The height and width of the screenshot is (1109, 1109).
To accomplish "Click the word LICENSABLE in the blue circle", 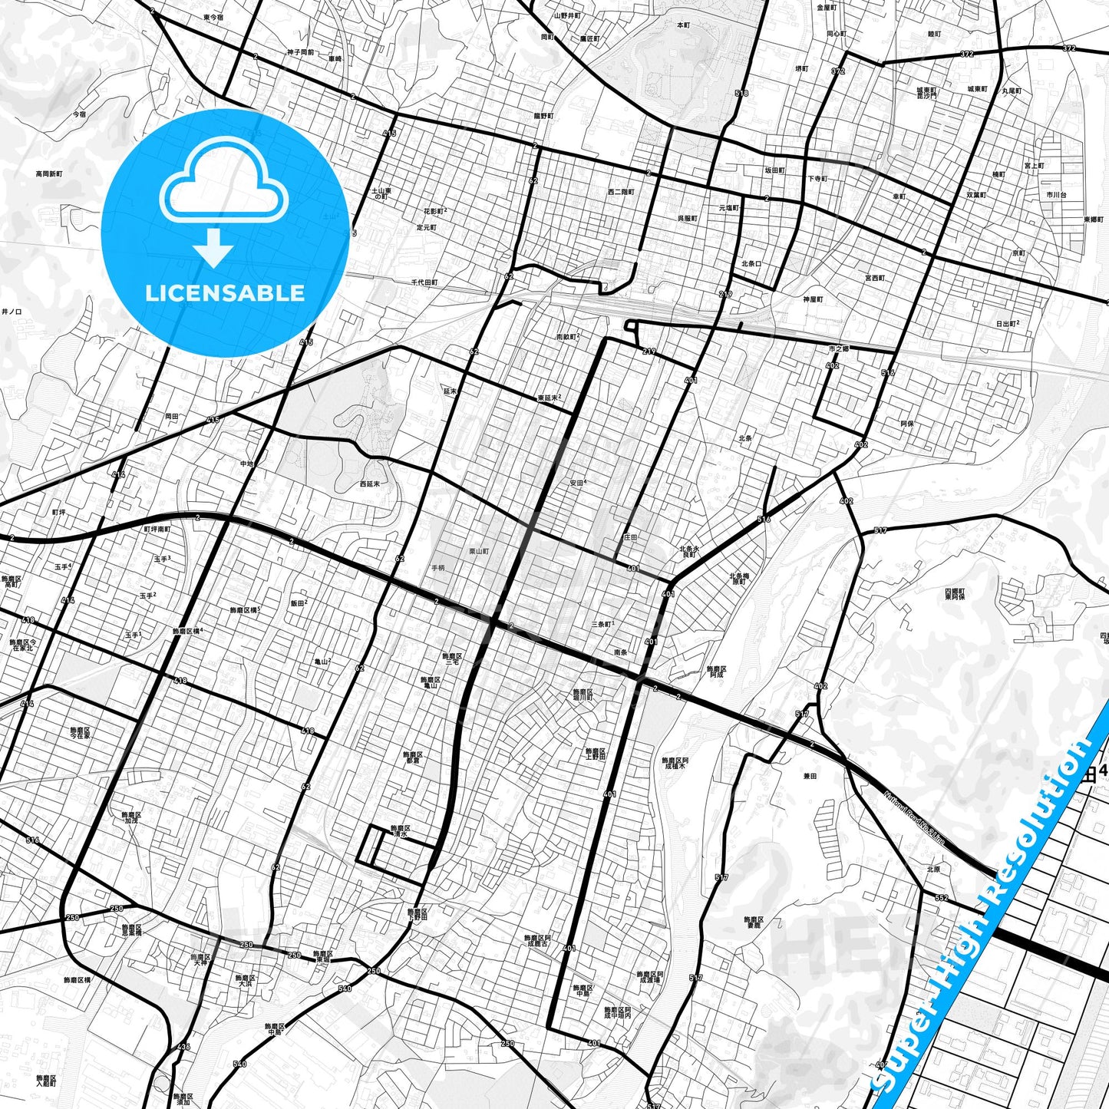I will pyautogui.click(x=224, y=292).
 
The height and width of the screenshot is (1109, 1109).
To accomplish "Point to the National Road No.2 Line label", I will pyautogui.click(x=913, y=820).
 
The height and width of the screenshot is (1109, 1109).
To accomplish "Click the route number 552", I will pyautogui.click(x=942, y=898).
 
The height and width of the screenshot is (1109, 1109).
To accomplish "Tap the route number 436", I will pyautogui.click(x=183, y=1047).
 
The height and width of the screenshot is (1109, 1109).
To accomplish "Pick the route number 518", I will pyautogui.click(x=741, y=94).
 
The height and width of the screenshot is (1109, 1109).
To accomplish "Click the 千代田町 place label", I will pyautogui.click(x=424, y=282).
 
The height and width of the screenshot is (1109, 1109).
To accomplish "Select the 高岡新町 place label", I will pyautogui.click(x=49, y=174).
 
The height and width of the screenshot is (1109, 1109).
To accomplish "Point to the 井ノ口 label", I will pyautogui.click(x=12, y=312).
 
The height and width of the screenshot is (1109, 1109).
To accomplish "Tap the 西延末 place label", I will pyautogui.click(x=369, y=484).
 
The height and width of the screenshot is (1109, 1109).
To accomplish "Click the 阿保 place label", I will pyautogui.click(x=906, y=423).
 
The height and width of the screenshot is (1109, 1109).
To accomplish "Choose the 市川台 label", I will pyautogui.click(x=1055, y=196).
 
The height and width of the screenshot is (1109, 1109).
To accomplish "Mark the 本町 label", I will pyautogui.click(x=683, y=25).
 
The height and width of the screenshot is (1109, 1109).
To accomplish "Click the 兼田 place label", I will pyautogui.click(x=810, y=776).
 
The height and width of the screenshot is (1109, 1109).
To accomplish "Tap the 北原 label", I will pyautogui.click(x=933, y=870).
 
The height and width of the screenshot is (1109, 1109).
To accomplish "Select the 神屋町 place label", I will pyautogui.click(x=813, y=299).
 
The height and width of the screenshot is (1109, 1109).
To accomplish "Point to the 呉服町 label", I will pyautogui.click(x=687, y=219).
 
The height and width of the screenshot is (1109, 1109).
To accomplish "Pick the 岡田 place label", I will pyautogui.click(x=172, y=416).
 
